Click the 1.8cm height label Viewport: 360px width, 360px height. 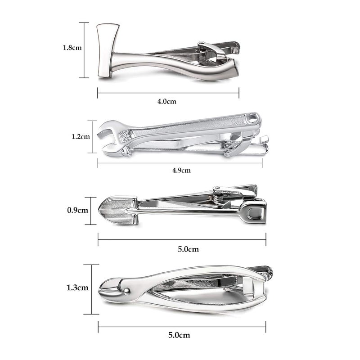[72, 47]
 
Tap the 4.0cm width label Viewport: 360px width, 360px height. [166, 102]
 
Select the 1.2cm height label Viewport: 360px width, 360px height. [81, 136]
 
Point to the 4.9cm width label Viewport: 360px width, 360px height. [181, 171]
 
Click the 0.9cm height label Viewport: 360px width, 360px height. [77, 210]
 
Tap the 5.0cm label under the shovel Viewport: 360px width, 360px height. [189, 249]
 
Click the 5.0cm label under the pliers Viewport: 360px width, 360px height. [180, 335]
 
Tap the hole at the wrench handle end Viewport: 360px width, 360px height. [253, 119]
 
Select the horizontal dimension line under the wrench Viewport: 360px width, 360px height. [180, 162]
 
